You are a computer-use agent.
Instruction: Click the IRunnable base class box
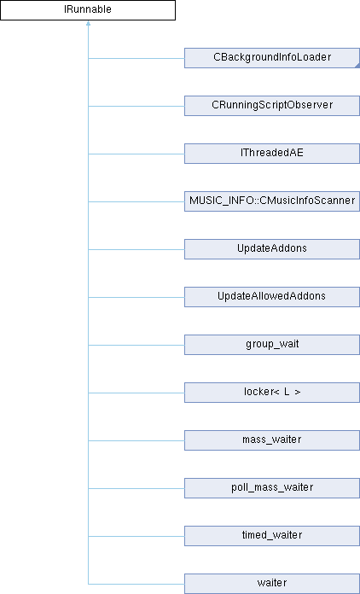(x=88, y=10)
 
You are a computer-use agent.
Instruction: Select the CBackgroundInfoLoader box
(x=272, y=58)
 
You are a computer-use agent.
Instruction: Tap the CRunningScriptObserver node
(x=272, y=106)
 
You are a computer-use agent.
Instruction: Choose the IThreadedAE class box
(x=272, y=154)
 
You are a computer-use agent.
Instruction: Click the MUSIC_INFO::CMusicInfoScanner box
(x=272, y=201)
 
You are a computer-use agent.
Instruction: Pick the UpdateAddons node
(x=272, y=249)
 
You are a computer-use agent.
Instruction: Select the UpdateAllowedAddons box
(x=272, y=297)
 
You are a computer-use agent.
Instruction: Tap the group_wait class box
(x=272, y=344)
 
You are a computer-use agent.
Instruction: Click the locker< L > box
(x=272, y=392)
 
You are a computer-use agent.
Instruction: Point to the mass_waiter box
(x=272, y=440)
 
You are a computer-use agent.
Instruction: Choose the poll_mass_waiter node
(x=272, y=487)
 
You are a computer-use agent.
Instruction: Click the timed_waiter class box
(x=272, y=535)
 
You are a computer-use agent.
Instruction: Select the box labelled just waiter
(x=272, y=583)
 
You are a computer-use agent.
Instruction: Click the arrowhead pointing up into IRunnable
(x=88, y=23)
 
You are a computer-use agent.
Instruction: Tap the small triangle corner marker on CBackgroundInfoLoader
(x=357, y=66)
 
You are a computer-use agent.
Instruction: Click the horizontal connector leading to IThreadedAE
(x=136, y=154)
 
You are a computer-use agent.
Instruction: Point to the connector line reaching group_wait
(x=136, y=345)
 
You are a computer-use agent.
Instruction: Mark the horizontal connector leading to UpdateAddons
(x=136, y=249)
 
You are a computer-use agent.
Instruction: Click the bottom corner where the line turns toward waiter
(x=88, y=584)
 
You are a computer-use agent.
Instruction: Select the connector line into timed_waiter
(x=136, y=536)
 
